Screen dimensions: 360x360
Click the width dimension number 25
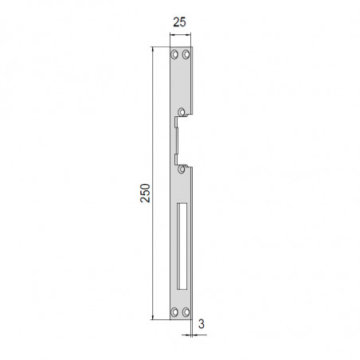pyautogui.click(x=179, y=22)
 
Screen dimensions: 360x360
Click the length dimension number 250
pyautogui.click(x=145, y=193)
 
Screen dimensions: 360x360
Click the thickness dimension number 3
pyautogui.click(x=202, y=324)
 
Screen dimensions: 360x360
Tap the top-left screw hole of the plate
pyautogui.click(x=174, y=54)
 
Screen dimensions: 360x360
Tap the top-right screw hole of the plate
pyautogui.click(x=186, y=54)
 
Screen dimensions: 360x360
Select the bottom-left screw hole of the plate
pyautogui.click(x=174, y=312)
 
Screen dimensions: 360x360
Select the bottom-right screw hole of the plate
pyautogui.click(x=186, y=312)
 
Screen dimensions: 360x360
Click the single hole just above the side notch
pyautogui.click(x=182, y=112)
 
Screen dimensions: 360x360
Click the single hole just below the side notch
pyautogui.click(x=182, y=169)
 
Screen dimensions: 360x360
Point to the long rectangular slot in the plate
pyautogui.click(x=182, y=246)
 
